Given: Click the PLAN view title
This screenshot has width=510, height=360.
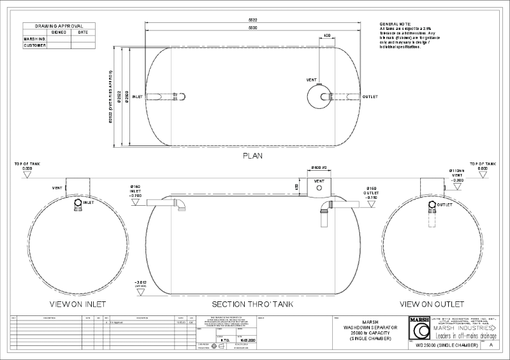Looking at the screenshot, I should pos(253,155).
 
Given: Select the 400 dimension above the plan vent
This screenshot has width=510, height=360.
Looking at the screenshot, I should pos(327,35).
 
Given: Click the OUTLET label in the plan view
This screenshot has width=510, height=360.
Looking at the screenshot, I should pos(370,97).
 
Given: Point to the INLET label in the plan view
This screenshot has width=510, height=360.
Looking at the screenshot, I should pos(136,97).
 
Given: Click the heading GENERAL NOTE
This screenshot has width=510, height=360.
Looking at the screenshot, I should pos(395,24).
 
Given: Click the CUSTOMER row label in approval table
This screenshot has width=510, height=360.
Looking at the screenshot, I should pos(34,45).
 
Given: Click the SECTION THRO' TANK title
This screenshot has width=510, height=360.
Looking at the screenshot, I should pos(252,304).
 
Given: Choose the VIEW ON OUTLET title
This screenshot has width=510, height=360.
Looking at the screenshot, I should pos(432,304).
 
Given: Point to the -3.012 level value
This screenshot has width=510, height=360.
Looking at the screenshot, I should pos(141,282).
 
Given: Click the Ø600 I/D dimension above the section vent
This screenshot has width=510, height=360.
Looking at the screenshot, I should pos(319,168).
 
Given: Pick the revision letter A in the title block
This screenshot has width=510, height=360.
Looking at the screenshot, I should pos(490,345).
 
